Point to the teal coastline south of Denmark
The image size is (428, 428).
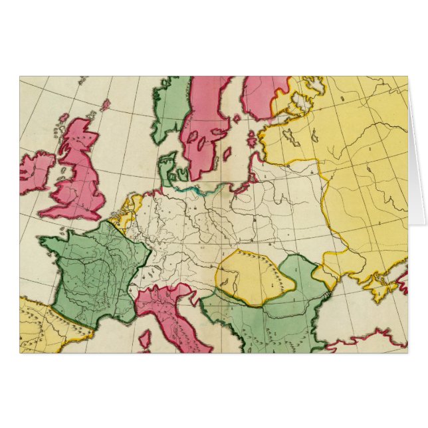(193, 189)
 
